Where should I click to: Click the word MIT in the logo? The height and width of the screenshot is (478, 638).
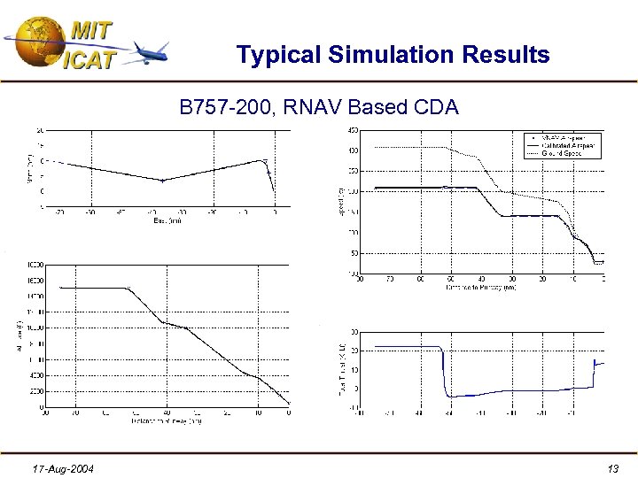(x=91, y=29)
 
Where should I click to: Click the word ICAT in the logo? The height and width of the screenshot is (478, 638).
(x=89, y=58)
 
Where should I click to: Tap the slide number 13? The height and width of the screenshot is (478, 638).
(x=612, y=467)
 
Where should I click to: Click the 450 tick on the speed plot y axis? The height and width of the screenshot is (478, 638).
(x=351, y=130)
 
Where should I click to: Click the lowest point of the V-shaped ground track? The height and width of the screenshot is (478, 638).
(x=162, y=181)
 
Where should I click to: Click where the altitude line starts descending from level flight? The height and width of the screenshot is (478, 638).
(x=128, y=288)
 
